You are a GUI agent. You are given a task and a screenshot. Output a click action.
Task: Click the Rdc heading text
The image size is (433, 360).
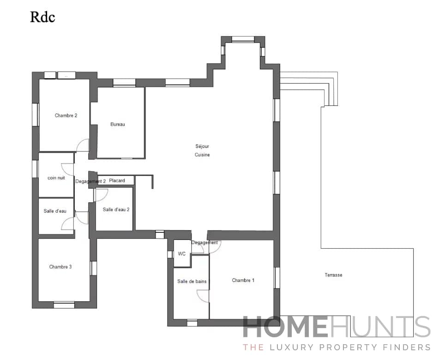point(42,17)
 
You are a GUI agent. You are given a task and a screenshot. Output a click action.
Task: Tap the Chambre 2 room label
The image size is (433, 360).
point(66,116)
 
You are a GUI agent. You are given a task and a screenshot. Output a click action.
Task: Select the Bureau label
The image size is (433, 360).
point(118,124)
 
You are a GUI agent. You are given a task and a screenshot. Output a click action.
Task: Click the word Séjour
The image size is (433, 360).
point(202,146)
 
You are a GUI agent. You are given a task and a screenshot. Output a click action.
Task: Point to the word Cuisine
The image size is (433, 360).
point(202,155)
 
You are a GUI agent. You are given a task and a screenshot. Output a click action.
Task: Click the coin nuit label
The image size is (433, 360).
point(56,178)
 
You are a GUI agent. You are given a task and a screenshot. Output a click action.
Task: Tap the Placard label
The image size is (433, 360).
point(117,181)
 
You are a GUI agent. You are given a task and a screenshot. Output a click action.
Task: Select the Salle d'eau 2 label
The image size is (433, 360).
point(116,209)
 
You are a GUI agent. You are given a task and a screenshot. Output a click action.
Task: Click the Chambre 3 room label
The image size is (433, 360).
point(60,267)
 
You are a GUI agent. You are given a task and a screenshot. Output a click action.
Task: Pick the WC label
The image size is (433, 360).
point(181,254)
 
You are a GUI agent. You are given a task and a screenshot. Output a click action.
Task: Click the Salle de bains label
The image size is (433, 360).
point(192,281)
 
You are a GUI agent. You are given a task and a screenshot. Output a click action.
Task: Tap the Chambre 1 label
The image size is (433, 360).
point(243,281)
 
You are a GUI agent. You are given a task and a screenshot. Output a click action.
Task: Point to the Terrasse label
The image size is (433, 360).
point(333,275)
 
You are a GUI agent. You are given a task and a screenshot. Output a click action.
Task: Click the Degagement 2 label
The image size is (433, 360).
point(90,182)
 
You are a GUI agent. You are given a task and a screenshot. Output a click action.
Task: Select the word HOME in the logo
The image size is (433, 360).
point(285,328)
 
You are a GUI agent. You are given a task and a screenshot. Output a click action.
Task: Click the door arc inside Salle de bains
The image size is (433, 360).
point(202,296)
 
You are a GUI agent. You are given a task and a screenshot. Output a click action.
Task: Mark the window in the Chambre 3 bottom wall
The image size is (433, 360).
point(64,305)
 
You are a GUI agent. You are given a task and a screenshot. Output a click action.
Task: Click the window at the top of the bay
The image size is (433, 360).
point(243,39)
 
